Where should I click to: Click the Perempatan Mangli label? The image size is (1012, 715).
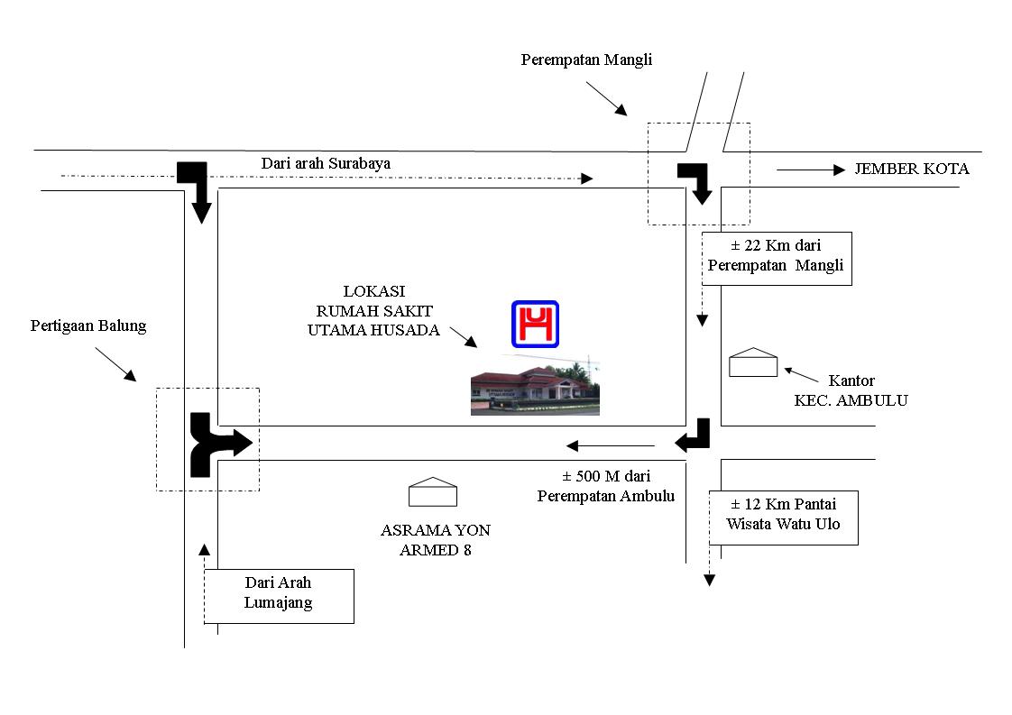586,60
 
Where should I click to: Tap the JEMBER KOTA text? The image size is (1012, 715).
912,169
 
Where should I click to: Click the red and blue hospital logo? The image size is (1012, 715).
536,324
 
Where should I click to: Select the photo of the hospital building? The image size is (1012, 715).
535,385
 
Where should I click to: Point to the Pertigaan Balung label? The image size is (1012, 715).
88,326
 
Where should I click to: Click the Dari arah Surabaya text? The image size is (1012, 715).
326,163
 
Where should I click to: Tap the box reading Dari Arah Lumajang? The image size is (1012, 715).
279,594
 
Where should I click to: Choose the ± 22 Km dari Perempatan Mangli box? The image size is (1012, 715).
776,255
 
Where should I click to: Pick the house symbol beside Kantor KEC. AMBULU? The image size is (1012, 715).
753,362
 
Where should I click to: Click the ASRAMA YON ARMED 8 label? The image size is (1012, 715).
436,540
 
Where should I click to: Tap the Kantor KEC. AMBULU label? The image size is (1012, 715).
851,391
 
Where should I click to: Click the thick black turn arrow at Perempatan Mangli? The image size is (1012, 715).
697,181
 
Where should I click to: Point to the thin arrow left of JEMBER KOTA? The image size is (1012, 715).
810,170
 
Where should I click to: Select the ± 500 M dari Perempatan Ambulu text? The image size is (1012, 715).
606,486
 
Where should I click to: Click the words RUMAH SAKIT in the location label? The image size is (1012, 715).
373,311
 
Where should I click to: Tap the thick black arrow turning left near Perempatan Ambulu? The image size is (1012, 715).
695,436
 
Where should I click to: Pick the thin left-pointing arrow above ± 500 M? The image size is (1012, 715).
610,445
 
